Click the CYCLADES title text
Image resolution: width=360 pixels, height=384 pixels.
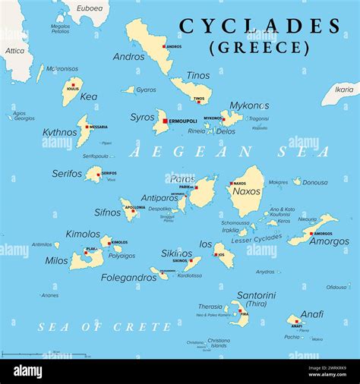click(x=260, y=27)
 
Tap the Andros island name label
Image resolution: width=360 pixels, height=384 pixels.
click(x=128, y=56)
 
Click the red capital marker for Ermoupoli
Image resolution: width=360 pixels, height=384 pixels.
click(x=164, y=120)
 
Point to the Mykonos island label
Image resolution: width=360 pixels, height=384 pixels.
click(x=249, y=105)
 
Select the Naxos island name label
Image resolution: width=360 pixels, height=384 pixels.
click(x=246, y=191)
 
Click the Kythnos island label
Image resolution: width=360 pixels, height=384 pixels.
click(x=59, y=132)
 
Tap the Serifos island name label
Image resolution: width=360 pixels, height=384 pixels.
click(x=67, y=174)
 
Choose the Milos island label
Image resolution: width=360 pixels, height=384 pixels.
click(x=56, y=260)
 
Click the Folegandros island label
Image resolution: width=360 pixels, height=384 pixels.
click(x=128, y=278)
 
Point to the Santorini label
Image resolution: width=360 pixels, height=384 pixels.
click(x=256, y=295)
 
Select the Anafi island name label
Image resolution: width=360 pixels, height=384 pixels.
click(x=311, y=314)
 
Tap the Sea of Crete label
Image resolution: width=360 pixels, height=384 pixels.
click(x=105, y=327)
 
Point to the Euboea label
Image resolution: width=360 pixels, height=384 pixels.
click(x=89, y=8)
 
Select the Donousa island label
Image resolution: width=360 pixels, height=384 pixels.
click(x=314, y=182)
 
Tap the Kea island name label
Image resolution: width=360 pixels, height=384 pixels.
click(x=88, y=96)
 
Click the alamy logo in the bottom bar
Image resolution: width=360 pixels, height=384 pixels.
click(x=28, y=371)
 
